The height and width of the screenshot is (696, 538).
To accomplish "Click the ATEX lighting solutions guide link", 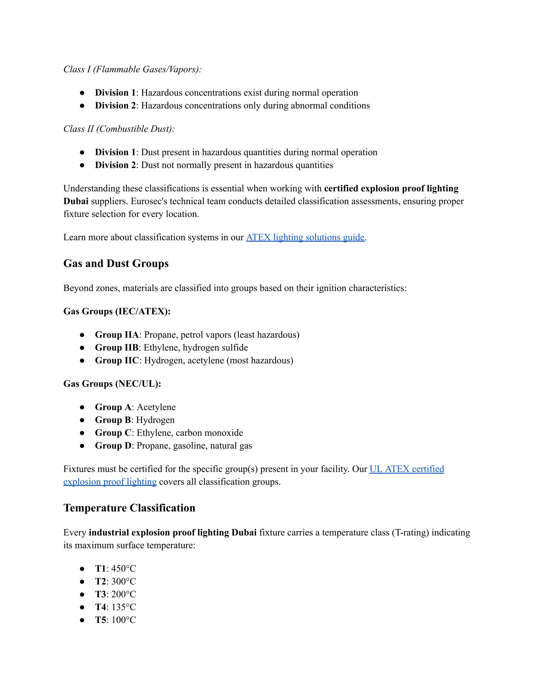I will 305,237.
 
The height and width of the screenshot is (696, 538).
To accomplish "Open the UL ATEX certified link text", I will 406,469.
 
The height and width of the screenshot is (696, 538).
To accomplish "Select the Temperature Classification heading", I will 129,508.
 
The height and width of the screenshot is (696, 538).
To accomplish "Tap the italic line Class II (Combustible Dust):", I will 119,129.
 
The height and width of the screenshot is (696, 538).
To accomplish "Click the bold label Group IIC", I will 117,360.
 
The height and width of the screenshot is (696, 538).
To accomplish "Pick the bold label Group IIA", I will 117,335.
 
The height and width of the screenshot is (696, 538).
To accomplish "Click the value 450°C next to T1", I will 124,569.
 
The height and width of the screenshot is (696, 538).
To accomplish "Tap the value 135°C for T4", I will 124,607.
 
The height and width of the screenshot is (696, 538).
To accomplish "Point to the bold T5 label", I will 100,620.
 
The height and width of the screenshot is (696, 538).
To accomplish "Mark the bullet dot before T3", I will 82,594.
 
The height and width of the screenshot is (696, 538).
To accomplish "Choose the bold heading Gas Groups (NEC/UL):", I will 112,384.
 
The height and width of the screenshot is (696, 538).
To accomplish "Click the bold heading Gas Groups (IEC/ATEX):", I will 117,311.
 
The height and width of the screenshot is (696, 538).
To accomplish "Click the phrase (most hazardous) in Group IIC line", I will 260,360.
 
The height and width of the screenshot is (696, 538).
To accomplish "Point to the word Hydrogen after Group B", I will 155,420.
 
